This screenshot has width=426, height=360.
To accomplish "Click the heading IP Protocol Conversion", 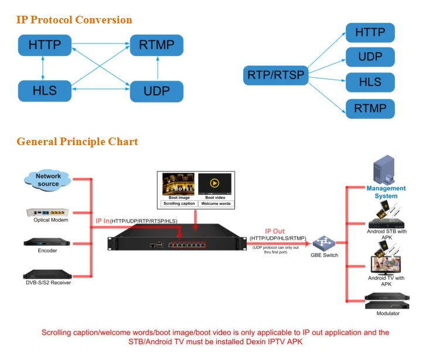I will point(74,20).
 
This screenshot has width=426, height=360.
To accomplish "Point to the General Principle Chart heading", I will point(77,142).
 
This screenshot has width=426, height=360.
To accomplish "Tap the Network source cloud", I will point(49,180).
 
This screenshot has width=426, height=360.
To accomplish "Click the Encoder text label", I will point(47,251).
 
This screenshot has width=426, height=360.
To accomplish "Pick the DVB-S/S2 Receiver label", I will point(47,283).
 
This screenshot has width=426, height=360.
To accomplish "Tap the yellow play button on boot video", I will point(214,183).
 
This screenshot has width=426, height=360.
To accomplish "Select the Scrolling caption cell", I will point(179,204).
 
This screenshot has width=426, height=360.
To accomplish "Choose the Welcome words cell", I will point(215,204).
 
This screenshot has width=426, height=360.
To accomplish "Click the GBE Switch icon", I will point(322,242).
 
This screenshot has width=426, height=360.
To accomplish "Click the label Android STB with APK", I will point(386,234).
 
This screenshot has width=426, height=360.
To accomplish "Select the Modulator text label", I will point(387,314).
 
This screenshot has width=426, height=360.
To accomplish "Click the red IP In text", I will point(103,221).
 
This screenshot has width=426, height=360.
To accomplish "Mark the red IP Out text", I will point(275,231).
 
